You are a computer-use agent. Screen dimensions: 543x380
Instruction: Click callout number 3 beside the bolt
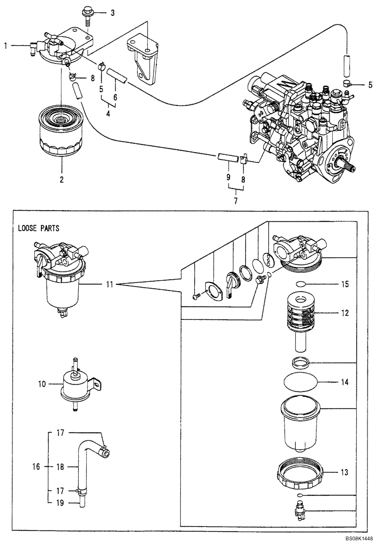(x=112, y=12)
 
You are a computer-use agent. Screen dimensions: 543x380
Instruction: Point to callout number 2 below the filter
(x=61, y=179)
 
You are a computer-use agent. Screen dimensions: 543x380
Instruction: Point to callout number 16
(x=36, y=466)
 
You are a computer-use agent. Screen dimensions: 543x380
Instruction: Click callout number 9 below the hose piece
(x=228, y=178)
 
